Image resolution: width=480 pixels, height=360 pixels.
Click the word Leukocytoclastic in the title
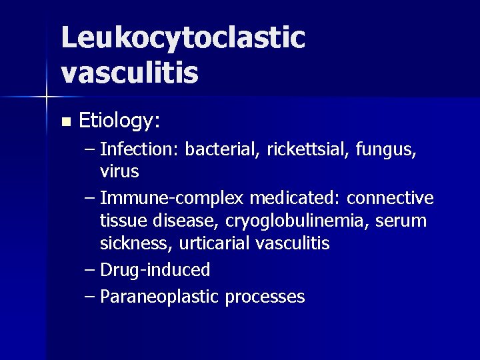(183, 39)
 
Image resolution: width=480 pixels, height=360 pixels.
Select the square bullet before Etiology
(65, 122)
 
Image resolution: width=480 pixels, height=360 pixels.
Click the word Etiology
(119, 121)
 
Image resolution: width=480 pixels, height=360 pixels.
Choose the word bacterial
(221, 150)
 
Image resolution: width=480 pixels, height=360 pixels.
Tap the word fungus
(388, 151)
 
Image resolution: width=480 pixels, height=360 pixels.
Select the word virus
(119, 171)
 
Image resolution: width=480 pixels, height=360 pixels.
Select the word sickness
(136, 243)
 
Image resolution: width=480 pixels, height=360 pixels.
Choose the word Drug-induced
(155, 270)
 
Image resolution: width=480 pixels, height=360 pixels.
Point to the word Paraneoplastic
(159, 297)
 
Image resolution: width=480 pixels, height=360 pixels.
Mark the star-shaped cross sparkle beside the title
(46, 97)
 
